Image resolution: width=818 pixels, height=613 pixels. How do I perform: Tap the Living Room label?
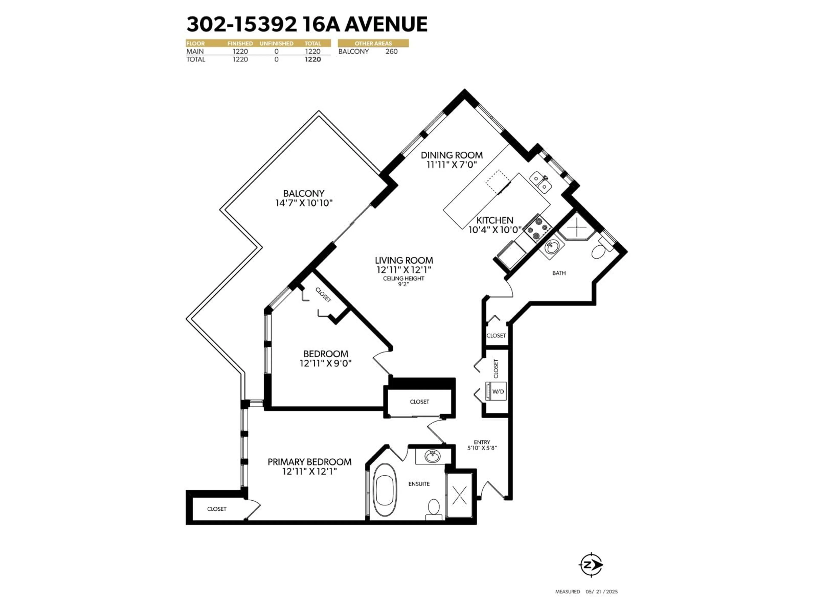404,261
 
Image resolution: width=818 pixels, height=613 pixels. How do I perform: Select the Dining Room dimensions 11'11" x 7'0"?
452,165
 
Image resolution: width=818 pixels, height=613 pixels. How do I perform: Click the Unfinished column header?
276,44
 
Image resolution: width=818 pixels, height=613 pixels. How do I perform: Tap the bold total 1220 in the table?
313,59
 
